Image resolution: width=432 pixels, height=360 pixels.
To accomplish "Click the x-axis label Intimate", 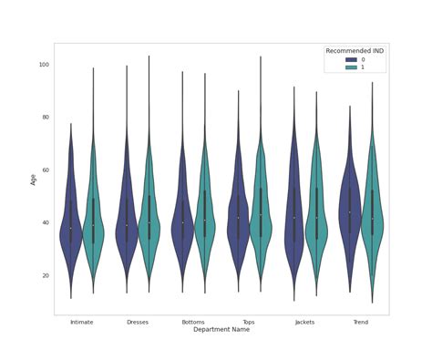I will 81,322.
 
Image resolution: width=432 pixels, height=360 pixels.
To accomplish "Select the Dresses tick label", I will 137,322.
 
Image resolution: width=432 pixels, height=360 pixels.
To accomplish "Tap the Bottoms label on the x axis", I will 193,322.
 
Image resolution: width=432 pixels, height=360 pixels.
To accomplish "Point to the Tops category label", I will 249,322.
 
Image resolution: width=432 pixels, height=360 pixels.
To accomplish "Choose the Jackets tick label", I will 305,322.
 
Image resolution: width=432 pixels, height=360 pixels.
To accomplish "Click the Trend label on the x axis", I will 361,322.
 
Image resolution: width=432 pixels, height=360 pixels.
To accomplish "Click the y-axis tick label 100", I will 43,65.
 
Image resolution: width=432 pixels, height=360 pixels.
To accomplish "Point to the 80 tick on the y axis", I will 45,118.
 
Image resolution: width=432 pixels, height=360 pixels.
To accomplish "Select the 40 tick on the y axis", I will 45,222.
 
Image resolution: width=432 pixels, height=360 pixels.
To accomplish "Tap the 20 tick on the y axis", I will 45,275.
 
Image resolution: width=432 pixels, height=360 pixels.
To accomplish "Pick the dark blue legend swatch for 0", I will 336,60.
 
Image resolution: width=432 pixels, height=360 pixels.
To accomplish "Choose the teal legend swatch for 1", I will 336,69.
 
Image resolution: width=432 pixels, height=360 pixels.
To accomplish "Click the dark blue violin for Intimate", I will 71,228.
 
